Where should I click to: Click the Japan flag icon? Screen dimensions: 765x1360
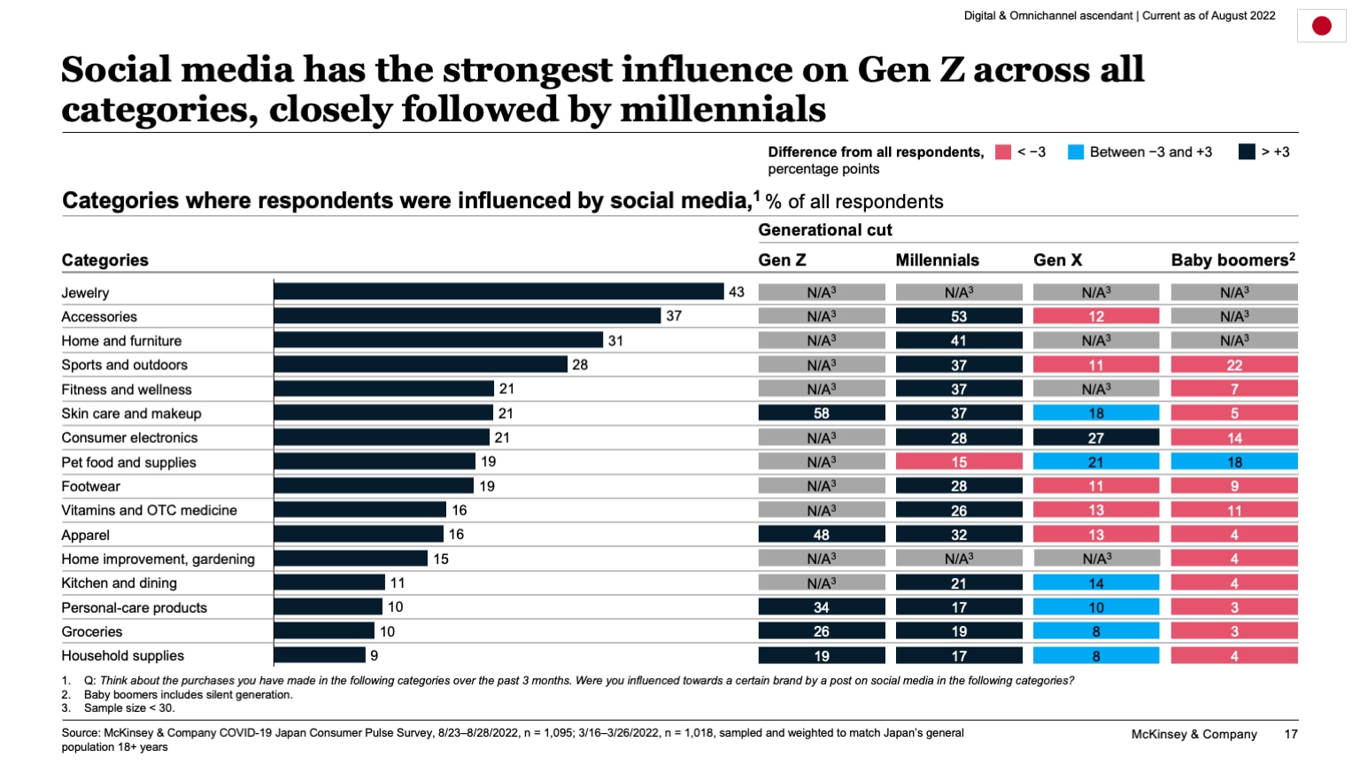[1321, 26]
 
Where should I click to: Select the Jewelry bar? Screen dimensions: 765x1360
[498, 291]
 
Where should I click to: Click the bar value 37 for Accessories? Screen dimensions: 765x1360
[674, 316]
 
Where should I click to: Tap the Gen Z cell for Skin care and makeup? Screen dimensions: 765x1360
[821, 413]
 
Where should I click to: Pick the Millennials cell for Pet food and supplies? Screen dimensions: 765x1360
[959, 462]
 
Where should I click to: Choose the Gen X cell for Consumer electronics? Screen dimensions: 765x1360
[1095, 437]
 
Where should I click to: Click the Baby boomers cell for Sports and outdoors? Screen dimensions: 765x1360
[1233, 365]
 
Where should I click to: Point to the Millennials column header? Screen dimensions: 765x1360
[937, 260]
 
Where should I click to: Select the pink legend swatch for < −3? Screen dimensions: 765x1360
[1002, 152]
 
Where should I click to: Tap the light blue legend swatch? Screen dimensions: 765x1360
[1076, 152]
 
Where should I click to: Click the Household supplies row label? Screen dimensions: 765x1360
[122, 656]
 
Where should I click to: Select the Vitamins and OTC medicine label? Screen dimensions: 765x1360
[149, 511]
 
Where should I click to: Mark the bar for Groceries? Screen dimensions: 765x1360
[324, 631]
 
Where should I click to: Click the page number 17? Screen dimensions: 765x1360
[1290, 734]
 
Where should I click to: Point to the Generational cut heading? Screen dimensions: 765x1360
[824, 230]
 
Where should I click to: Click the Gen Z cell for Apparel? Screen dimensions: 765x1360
[821, 535]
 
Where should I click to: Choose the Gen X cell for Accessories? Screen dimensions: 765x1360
[1095, 316]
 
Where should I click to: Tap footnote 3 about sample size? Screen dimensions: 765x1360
[128, 708]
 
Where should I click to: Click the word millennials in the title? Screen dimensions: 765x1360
[722, 110]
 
